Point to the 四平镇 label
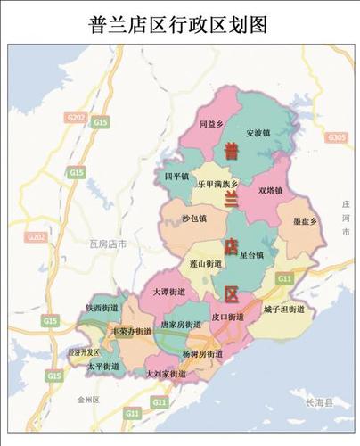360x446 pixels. click(177, 177)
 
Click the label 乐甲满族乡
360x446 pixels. click(219, 184)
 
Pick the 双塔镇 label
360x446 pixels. click(271, 189)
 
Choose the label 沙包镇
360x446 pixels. click(193, 218)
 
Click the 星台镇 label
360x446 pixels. click(252, 254)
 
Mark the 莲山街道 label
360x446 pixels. click(206, 264)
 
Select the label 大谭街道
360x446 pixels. click(168, 292)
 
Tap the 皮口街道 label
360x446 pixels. click(228, 317)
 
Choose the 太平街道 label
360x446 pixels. click(102, 367)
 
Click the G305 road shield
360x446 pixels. click(337, 137)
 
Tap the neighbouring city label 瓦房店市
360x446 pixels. click(110, 243)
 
